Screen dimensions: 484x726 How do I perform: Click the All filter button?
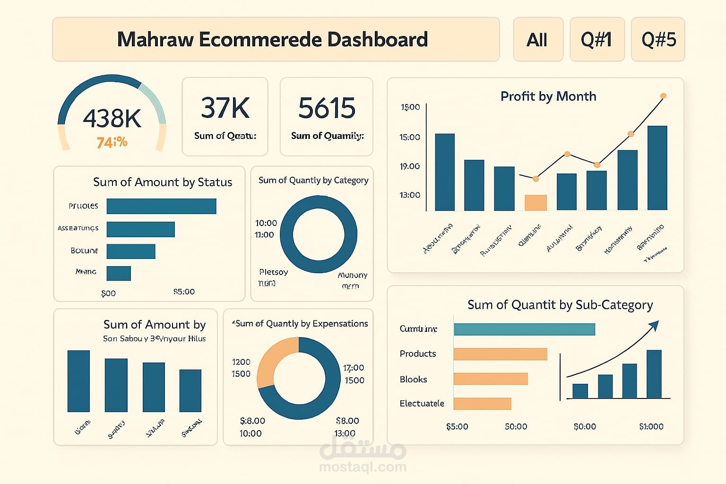pos(537,40)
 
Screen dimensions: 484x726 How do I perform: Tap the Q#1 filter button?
pos(596,40)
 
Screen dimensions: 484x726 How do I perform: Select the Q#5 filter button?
pos(658,40)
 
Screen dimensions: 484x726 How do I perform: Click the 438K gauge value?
pos(112,118)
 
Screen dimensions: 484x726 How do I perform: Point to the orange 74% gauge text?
pos(112,142)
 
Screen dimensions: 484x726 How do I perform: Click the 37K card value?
pos(225,108)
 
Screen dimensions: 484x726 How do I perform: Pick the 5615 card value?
pos(327,108)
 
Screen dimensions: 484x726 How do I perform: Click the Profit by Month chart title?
pos(548,96)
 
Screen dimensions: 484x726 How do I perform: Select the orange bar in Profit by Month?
pos(536,202)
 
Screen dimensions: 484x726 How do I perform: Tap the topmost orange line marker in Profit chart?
pos(663,96)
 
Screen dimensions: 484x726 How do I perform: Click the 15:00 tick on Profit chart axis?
pos(409,138)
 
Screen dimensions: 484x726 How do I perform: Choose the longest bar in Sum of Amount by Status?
pos(161,206)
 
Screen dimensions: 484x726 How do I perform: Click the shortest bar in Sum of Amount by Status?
pos(119,273)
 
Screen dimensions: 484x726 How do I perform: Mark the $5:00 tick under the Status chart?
pos(184,292)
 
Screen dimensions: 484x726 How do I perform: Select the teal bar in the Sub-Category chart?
pos(524,329)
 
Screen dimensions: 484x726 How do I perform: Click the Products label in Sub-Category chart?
pos(418,354)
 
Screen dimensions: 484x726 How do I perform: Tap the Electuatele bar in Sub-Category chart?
pos(482,403)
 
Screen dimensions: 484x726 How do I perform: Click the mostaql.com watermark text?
pos(363,467)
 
